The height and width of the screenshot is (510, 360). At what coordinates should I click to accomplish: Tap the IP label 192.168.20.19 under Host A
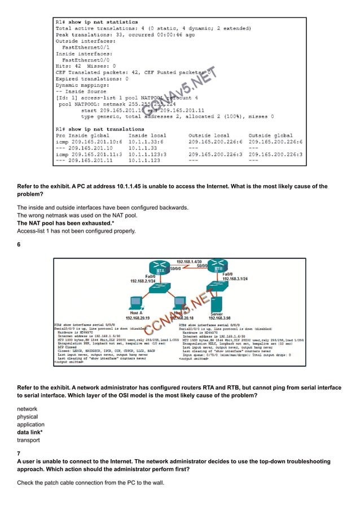tap(136, 318)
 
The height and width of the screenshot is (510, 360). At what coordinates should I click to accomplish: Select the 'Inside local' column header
tap(148, 134)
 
